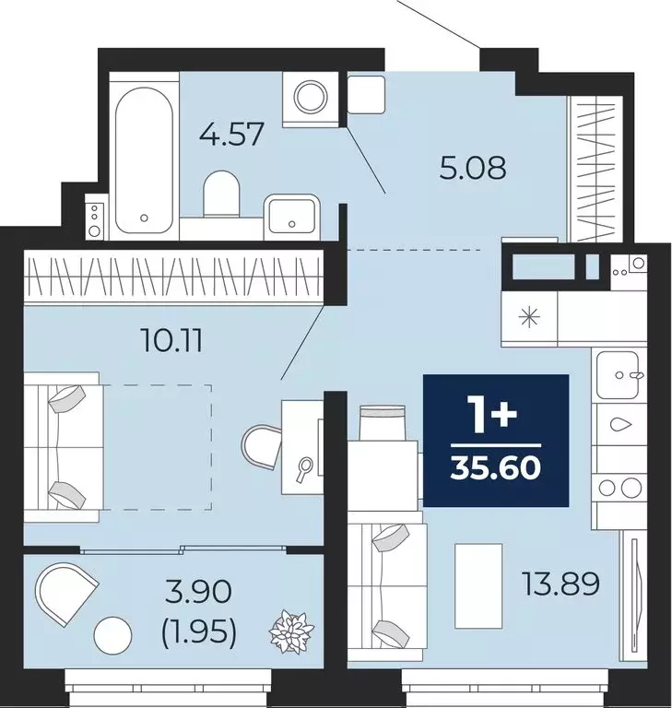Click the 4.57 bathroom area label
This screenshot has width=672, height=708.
(x=232, y=136)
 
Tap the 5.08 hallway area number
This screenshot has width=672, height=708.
(x=472, y=170)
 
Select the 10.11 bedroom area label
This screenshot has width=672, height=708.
(x=171, y=342)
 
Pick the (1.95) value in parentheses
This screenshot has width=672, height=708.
(x=200, y=632)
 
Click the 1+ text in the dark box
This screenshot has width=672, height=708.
(x=494, y=419)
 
